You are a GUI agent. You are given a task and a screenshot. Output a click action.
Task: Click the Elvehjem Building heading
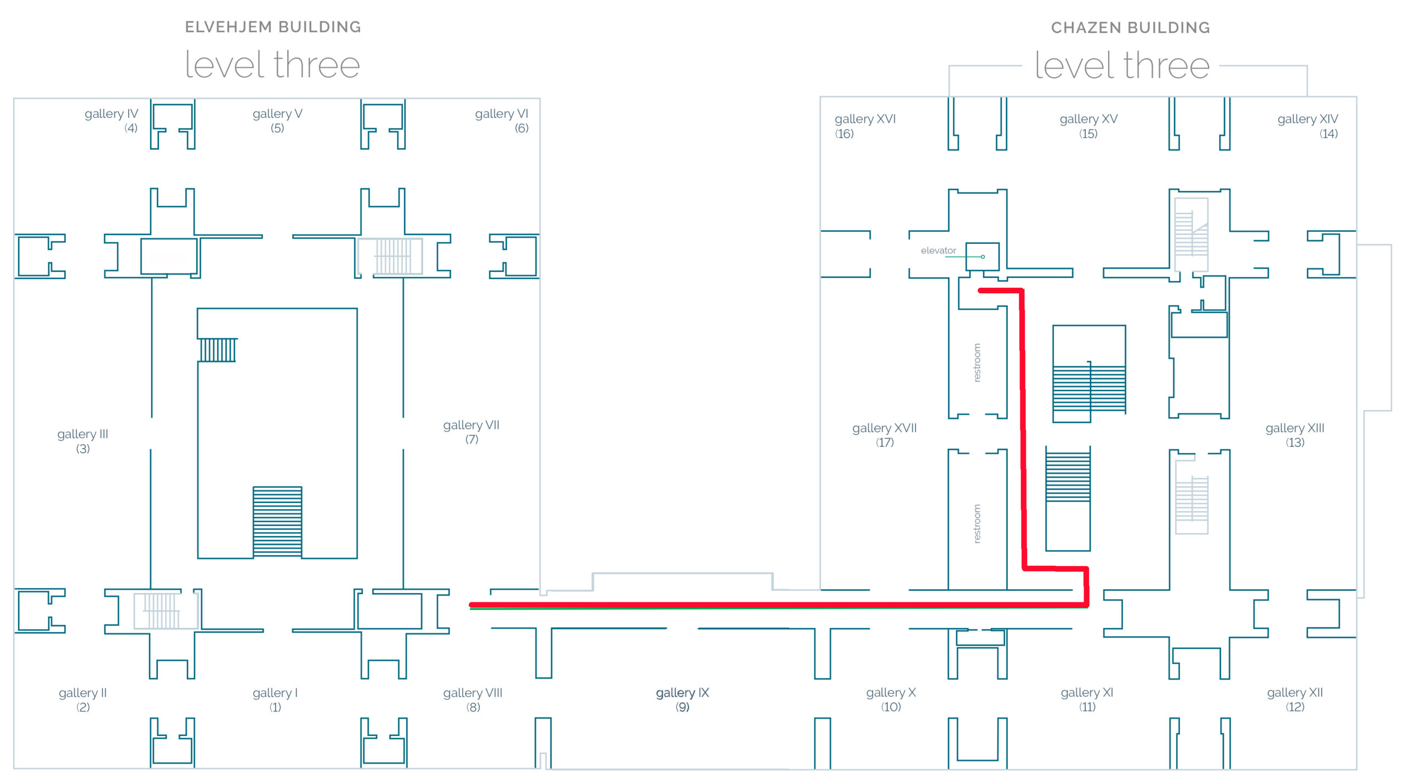[273, 27]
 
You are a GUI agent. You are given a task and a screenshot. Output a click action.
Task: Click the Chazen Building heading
[1130, 27]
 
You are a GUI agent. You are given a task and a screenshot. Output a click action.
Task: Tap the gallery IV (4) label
[112, 121]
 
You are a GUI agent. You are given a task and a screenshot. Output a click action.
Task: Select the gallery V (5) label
[277, 121]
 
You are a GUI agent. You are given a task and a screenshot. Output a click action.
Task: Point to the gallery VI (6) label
[501, 121]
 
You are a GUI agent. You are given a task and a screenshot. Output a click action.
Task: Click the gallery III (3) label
[83, 441]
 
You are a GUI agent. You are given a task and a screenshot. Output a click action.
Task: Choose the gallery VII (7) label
[471, 431]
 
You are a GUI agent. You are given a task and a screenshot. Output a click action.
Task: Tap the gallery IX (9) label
[682, 699]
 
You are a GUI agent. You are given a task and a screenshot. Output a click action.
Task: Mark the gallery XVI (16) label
[864, 126]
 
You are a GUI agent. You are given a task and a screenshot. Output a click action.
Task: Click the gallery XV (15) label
[1088, 126]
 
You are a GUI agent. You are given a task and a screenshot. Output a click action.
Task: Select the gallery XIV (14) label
[1308, 126]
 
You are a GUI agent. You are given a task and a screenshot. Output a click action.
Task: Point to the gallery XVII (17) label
[885, 435]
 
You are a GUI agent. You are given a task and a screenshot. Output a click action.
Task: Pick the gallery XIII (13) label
[1295, 435]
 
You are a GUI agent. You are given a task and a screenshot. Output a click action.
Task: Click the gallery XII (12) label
[1295, 699]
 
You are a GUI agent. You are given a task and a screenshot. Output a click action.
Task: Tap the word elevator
[938, 250]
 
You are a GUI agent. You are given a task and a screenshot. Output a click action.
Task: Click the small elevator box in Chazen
[982, 256]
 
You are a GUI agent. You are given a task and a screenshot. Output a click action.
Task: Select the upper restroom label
[977, 363]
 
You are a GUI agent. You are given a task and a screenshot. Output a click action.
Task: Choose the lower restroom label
[977, 523]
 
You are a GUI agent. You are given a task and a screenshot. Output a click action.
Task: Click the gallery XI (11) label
[1087, 699]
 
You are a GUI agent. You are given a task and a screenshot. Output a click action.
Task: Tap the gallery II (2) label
[83, 699]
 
